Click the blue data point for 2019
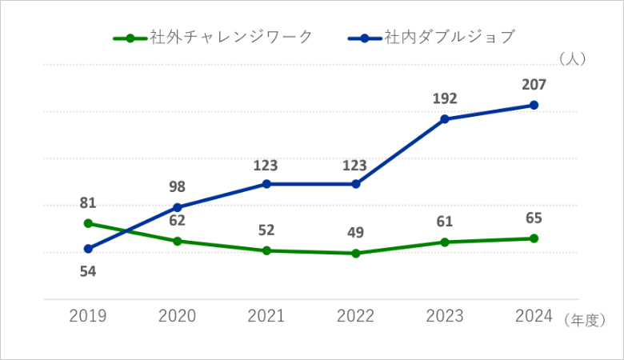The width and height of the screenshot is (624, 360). pos(88,249)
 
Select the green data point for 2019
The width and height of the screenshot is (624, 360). pos(88,223)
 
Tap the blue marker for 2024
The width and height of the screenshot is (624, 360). pos(534,106)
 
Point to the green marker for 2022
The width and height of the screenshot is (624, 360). pos(356,254)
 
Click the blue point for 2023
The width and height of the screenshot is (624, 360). pos(445,119)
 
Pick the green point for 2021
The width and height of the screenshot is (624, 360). pos(266,250)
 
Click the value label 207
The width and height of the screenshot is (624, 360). pos(534,84)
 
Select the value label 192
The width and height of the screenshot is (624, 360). pos(445,98)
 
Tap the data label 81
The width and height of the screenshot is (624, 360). pos(88,202)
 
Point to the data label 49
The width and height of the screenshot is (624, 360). pos(356,233)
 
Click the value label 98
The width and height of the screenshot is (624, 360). pos(178,187)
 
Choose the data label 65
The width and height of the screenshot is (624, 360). pos(534,218)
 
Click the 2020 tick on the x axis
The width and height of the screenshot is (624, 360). pos(178,316)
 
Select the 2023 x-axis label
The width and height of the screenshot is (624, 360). pos(445,316)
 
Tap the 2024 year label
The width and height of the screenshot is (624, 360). pos(534,316)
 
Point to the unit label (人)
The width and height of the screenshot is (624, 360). pos(574,58)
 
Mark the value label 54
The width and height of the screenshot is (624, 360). pos(88,271)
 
